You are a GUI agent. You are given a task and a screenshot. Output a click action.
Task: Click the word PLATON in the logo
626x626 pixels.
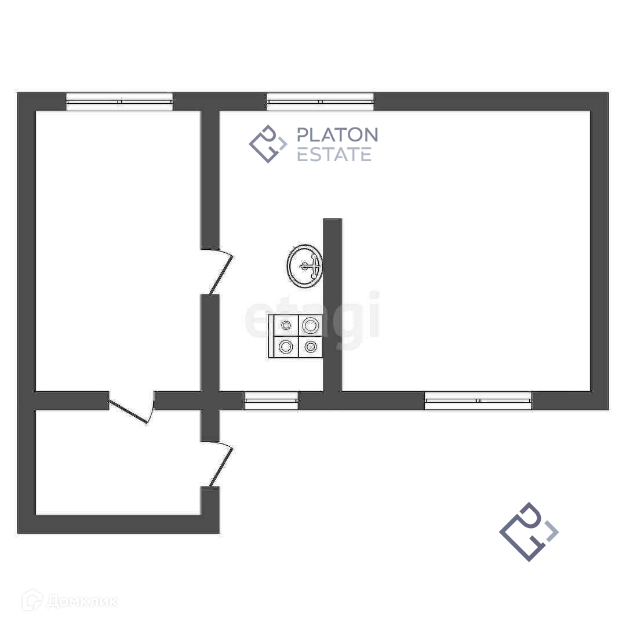337,135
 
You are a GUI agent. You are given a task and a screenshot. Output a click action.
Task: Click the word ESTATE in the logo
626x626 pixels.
334,154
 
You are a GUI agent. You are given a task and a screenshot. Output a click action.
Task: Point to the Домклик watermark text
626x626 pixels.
82,601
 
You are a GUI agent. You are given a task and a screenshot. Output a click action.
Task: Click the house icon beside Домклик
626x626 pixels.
32,600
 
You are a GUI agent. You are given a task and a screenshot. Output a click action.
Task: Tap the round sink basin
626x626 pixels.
305,265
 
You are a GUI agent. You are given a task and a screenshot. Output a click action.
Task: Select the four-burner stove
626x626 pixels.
295,336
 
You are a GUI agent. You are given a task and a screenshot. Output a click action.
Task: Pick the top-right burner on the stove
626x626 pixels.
311,325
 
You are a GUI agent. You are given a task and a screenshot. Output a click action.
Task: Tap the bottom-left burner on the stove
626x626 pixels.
285,347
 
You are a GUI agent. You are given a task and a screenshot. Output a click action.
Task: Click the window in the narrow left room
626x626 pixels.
119,101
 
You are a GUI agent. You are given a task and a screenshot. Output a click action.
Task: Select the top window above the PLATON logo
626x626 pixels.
320,101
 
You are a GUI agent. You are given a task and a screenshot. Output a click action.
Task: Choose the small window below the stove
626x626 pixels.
271,401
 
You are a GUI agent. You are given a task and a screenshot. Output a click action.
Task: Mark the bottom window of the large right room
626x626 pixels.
478,401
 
